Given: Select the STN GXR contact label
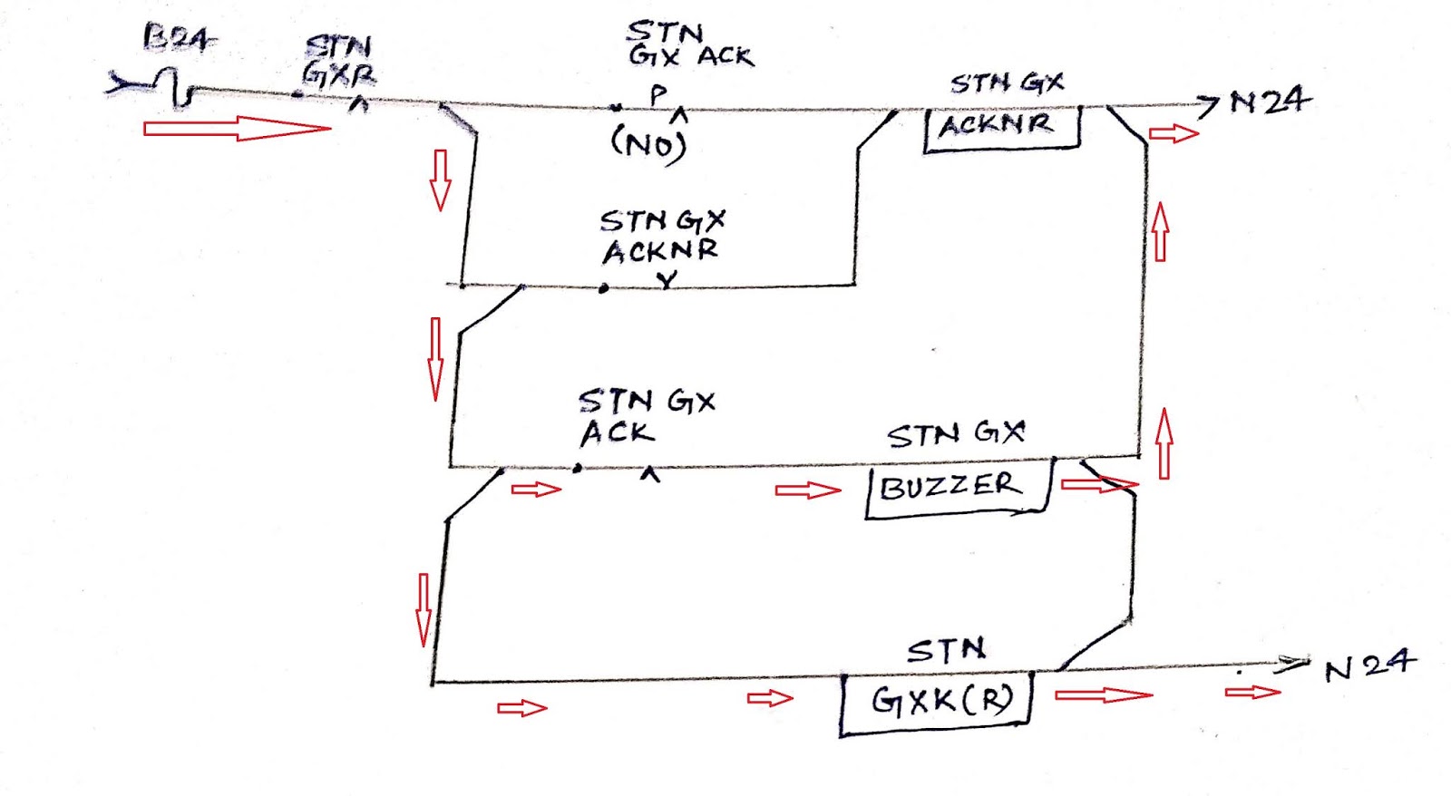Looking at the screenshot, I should (x=339, y=60).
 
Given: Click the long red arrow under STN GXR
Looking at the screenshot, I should (x=238, y=128).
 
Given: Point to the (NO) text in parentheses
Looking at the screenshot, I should (x=648, y=143).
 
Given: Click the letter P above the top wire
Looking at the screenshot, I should (x=658, y=92).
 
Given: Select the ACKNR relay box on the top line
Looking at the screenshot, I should (x=1001, y=128).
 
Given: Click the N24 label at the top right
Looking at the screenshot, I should (x=1269, y=101).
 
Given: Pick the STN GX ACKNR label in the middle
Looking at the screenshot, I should (x=661, y=236).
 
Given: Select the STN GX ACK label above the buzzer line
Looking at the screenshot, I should (x=646, y=415).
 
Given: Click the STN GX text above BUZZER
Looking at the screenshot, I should (x=956, y=433).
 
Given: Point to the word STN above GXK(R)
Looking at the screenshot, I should (x=946, y=650).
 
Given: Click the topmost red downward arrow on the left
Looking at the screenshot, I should (x=441, y=180).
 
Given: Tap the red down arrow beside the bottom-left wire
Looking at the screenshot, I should (x=424, y=609).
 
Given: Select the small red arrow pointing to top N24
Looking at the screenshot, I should (x=1173, y=134).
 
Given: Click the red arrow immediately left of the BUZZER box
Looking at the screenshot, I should (x=807, y=490).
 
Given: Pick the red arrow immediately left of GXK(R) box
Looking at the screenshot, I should (x=769, y=697).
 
